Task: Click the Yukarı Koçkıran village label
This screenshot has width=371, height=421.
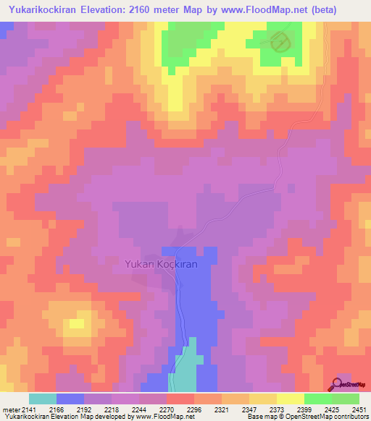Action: (160, 265)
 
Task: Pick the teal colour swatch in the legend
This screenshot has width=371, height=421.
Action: (43, 399)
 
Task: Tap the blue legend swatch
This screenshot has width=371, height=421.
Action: (70, 399)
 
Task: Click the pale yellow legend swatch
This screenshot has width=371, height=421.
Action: (291, 399)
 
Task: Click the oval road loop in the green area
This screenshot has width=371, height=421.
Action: (279, 43)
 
